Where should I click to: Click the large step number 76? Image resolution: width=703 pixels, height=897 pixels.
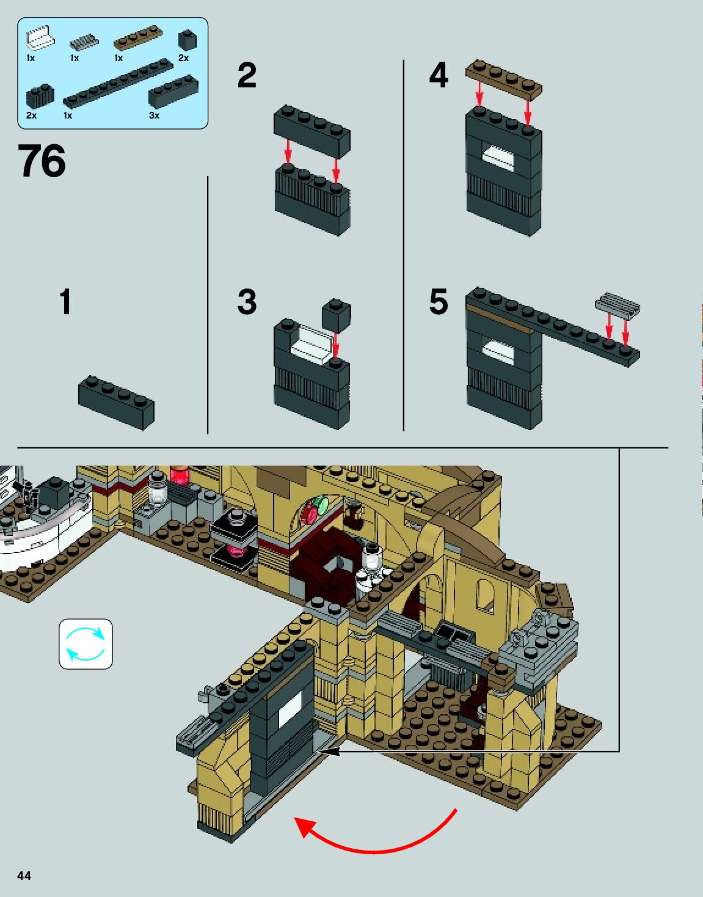tap(42, 160)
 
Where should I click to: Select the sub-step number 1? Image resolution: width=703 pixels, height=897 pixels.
tap(65, 301)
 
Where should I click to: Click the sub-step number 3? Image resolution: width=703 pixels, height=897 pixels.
tap(247, 301)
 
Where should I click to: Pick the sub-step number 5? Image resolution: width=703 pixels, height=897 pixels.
tap(439, 301)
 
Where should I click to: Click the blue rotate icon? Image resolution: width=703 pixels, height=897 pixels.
tap(86, 643)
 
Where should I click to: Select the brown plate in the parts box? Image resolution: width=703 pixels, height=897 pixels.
tap(138, 38)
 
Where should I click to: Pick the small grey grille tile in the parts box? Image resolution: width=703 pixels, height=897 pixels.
tap(84, 42)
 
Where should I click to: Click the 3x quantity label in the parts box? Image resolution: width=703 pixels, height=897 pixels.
tap(155, 115)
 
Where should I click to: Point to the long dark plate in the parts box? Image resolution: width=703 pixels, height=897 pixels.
tap(118, 84)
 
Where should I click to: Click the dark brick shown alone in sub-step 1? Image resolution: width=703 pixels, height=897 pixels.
tap(116, 403)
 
